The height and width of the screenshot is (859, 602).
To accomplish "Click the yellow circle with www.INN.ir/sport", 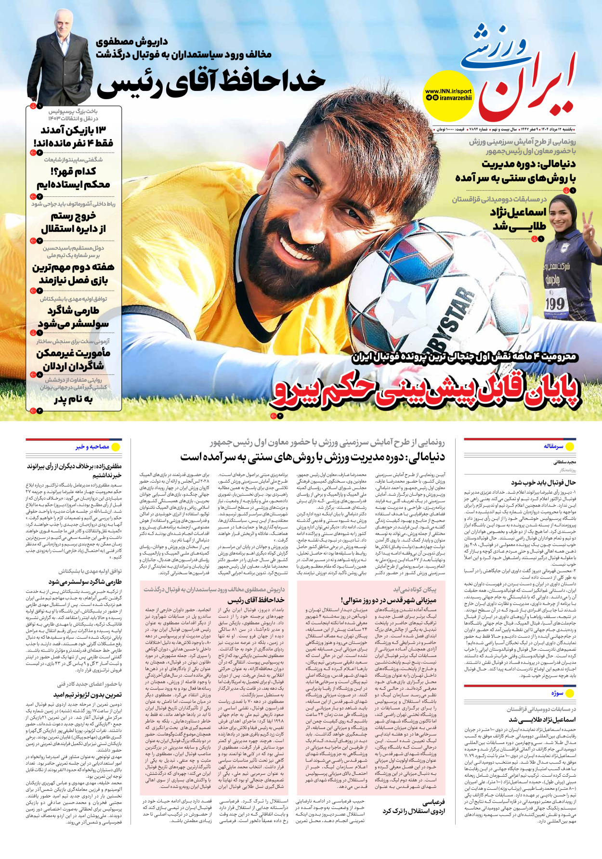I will pyautogui.click(x=448, y=95).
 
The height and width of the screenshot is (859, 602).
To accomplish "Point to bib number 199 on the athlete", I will pyautogui.click(x=555, y=304).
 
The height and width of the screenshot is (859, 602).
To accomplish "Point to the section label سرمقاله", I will pyautogui.click(x=553, y=447).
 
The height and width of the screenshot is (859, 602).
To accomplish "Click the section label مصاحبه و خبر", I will pyautogui.click(x=92, y=447).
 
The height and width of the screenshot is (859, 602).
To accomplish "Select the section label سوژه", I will pyautogui.click(x=557, y=693).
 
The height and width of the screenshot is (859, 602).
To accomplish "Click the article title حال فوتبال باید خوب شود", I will pyautogui.click(x=543, y=482).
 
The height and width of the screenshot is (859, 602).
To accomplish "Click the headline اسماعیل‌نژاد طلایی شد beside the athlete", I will pyautogui.click(x=519, y=219).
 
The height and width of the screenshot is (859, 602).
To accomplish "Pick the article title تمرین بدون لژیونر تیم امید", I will pyautogui.click(x=88, y=695).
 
